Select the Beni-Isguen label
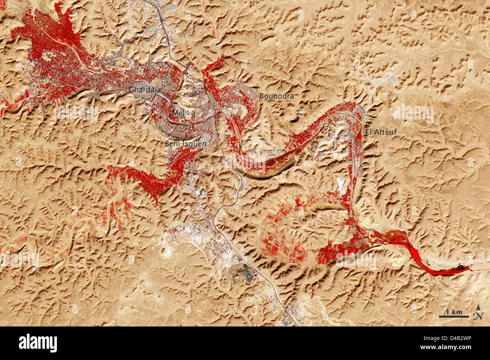[185, 143]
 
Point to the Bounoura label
[276, 96]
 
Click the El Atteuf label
[381, 132]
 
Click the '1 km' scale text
[454, 312]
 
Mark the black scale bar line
[453, 316]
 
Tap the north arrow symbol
[478, 313]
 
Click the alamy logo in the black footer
[38, 343]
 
